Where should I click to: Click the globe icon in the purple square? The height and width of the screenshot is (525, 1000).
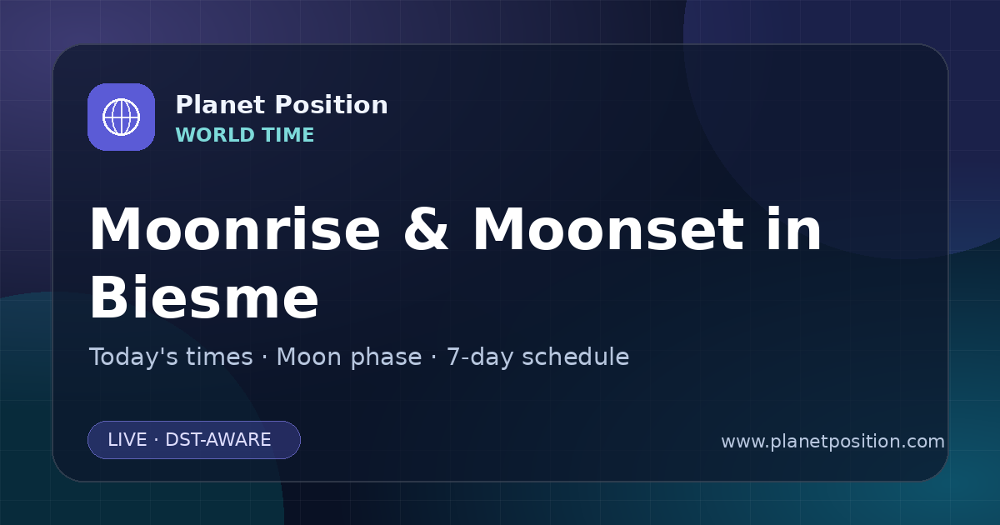tap(121, 117)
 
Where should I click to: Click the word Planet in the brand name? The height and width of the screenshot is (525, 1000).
tap(221, 105)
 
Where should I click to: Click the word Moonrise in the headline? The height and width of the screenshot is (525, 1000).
tap(235, 229)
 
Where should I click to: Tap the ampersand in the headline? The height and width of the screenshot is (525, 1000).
tap(426, 229)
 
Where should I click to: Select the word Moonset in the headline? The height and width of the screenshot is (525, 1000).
tap(608, 229)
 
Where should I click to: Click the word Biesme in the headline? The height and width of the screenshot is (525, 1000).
tap(204, 297)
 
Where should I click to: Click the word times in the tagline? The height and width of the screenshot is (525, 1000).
tap(220, 357)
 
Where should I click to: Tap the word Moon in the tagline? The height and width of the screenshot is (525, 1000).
tap(308, 357)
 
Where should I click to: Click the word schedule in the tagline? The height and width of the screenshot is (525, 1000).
tap(576, 357)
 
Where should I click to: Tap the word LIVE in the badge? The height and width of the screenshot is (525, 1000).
tap(127, 440)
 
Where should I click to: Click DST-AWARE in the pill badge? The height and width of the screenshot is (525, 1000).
tap(217, 440)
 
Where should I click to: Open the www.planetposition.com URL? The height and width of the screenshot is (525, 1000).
tap(833, 442)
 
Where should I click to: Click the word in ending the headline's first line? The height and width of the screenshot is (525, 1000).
tap(794, 228)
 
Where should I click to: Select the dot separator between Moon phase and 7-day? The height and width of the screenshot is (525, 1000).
tap(434, 357)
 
